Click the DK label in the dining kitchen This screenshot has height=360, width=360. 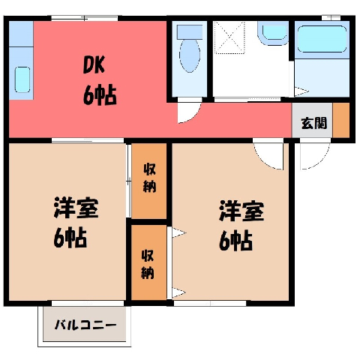point(94,65)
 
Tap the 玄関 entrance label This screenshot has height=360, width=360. point(314,123)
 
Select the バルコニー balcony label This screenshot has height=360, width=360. point(85,325)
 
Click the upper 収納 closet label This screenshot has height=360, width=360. point(149,178)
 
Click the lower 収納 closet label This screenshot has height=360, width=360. point(148,264)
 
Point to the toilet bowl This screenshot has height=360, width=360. point(190,55)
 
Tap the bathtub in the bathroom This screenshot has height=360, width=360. point(322,39)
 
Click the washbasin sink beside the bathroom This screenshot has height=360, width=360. point(274,33)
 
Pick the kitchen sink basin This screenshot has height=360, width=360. point(22,79)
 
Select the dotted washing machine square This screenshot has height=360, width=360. point(229,37)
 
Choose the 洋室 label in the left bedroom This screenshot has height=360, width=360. point(76,208)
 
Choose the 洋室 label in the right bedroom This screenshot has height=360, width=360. point(241,211)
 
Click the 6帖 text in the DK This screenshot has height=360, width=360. point(100,95)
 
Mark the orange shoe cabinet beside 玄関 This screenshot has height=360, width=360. point(340,120)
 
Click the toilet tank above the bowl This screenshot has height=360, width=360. point(190,31)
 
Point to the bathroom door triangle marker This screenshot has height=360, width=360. point(301,91)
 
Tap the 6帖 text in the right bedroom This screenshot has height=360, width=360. point(235,241)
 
